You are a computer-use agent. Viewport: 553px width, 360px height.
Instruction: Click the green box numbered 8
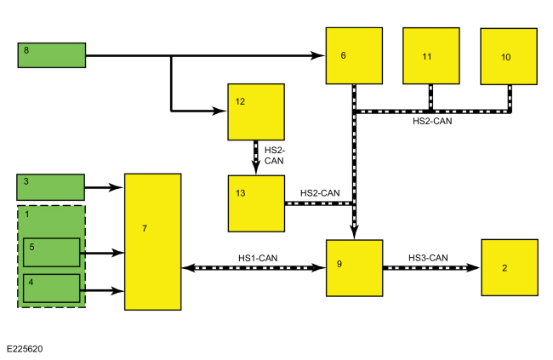click(x=52, y=55)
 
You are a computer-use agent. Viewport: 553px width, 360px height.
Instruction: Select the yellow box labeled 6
click(x=354, y=56)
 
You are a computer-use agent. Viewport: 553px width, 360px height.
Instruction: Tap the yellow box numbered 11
click(x=431, y=56)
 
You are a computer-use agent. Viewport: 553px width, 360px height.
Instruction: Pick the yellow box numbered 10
click(x=509, y=56)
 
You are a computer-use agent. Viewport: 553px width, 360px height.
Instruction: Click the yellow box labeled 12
click(x=256, y=111)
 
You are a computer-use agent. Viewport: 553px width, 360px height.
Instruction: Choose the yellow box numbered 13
click(x=256, y=203)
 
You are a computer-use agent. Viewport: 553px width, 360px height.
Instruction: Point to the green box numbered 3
click(x=51, y=187)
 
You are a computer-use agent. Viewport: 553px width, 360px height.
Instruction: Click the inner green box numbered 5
click(x=52, y=253)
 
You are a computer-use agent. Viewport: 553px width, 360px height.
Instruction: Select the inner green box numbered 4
click(x=52, y=289)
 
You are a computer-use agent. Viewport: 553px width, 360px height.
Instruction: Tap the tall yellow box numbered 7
click(x=152, y=242)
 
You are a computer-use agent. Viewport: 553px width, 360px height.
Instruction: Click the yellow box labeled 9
click(x=355, y=268)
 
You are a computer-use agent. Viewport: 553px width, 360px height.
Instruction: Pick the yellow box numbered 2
click(x=510, y=267)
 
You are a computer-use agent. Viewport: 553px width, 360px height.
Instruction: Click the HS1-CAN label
click(x=258, y=258)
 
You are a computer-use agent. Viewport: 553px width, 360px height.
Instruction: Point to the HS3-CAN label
click(x=428, y=258)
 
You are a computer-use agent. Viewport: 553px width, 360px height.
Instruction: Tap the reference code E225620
click(x=25, y=349)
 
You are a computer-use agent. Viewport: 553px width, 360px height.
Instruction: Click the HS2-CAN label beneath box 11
click(x=432, y=121)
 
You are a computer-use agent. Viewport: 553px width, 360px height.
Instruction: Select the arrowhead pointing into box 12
click(x=219, y=111)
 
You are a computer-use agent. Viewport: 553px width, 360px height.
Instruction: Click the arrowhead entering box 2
click(x=473, y=268)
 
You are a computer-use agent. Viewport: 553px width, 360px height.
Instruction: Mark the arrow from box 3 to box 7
click(x=105, y=187)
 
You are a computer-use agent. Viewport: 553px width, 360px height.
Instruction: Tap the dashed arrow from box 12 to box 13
click(x=256, y=157)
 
